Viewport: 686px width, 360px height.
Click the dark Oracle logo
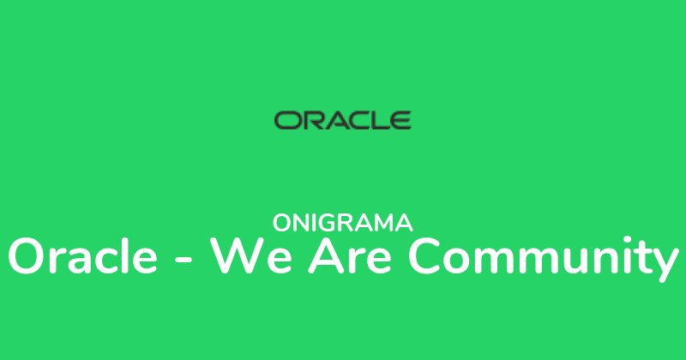coord(342,119)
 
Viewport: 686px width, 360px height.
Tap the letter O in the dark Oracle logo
coord(286,119)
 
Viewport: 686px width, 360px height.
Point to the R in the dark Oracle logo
coord(310,119)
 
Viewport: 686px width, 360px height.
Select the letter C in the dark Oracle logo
coord(356,119)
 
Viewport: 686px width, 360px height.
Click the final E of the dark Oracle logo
coord(400,119)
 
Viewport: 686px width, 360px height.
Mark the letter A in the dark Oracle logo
coord(333,119)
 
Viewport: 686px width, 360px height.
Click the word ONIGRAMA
coord(343,223)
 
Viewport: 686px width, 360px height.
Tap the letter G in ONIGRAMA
coord(336,223)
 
